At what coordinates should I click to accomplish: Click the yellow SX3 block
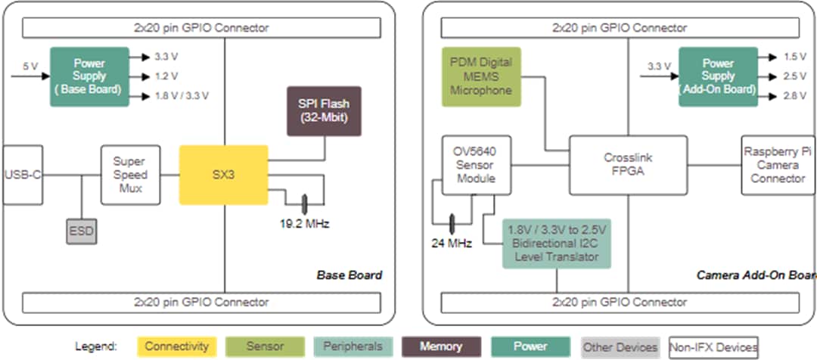[x=223, y=175]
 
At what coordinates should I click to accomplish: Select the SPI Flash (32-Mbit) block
[x=324, y=110]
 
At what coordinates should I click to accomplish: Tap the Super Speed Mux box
[x=130, y=175]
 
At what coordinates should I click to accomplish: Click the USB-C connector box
[x=23, y=175]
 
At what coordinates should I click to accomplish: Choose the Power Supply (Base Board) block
[x=89, y=76]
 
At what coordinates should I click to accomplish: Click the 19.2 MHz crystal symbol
[x=304, y=203]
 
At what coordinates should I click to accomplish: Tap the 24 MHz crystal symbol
[x=452, y=223]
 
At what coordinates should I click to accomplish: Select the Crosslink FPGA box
[x=628, y=165]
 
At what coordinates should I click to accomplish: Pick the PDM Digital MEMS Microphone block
[x=481, y=76]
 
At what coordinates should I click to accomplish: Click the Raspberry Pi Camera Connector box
[x=778, y=165]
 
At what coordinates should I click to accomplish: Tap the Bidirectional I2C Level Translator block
[x=557, y=244]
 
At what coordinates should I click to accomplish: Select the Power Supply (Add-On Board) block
[x=717, y=76]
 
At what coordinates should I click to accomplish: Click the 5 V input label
[x=30, y=66]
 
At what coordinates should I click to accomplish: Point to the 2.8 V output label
[x=794, y=96]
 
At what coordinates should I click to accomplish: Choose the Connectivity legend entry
[x=176, y=346]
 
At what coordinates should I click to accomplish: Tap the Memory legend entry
[x=441, y=346]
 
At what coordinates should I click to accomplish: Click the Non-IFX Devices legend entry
[x=713, y=346]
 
